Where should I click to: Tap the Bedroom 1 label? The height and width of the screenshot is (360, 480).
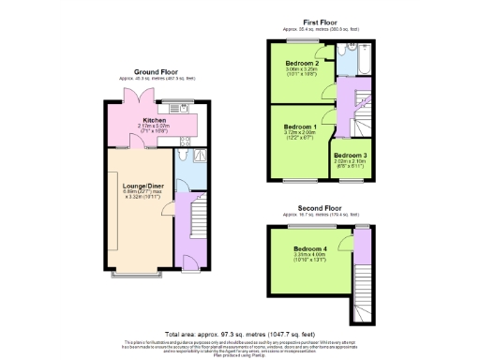[300, 126]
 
